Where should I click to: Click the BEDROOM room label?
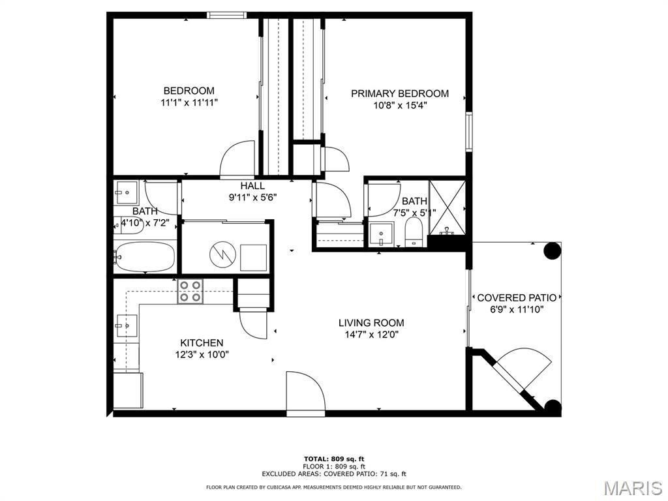tap(189, 91)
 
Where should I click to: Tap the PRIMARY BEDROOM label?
tap(400, 93)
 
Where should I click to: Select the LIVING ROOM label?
tap(371, 322)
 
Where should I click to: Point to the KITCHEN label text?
tap(202, 342)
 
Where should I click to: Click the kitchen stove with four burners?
tap(190, 291)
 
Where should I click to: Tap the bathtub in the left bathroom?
tap(145, 257)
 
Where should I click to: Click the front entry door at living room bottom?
tap(305, 394)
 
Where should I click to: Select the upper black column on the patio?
tap(552, 250)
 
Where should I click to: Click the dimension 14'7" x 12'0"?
tap(371, 335)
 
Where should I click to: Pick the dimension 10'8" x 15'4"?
tap(400, 106)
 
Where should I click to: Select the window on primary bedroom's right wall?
tap(468, 132)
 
